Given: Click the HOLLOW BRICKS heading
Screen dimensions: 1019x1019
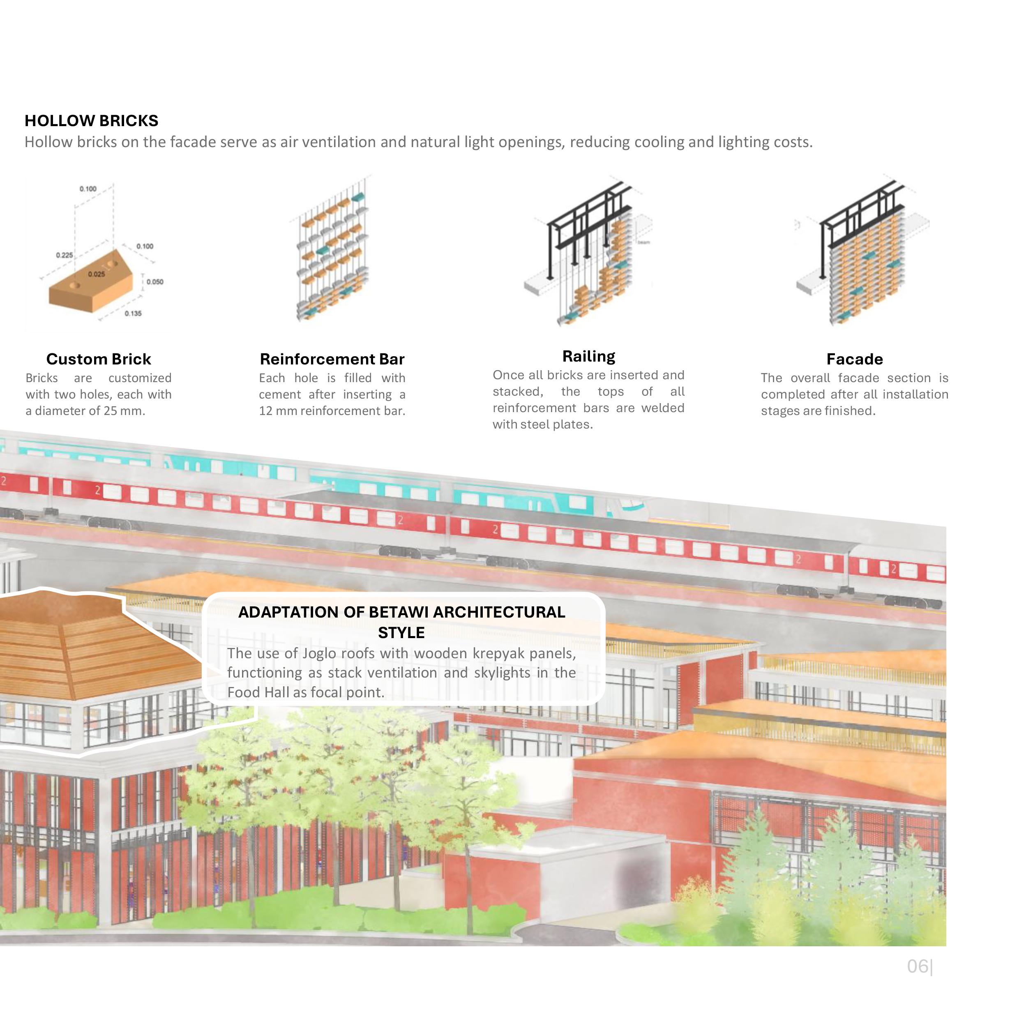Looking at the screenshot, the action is pos(91,121).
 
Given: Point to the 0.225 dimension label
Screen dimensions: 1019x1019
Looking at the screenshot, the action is pos(65,255).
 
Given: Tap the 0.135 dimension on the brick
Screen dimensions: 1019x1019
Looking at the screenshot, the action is pos(133,313).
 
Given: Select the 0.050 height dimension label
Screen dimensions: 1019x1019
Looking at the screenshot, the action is pos(154,281).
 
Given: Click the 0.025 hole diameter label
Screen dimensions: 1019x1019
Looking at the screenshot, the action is pos(96,274).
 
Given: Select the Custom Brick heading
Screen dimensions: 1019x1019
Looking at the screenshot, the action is pos(99,359).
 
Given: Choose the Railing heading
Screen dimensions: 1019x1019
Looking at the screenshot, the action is pos(589,357).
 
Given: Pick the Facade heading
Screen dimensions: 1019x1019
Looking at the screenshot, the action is pos(855,359).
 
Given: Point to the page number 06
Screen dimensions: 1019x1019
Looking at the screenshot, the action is pos(917,966).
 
